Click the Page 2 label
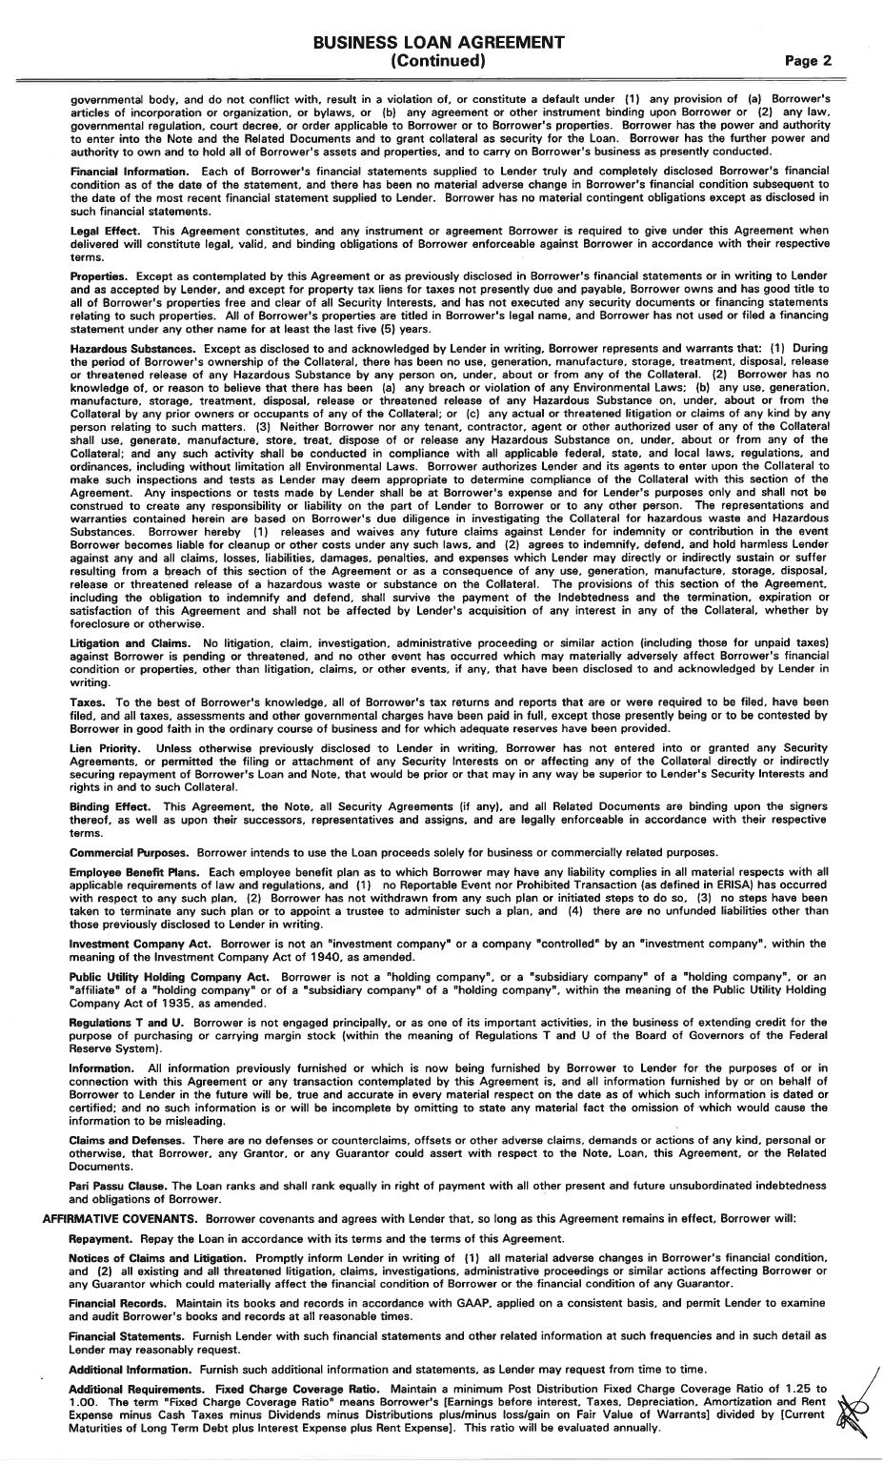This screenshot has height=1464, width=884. click(x=808, y=60)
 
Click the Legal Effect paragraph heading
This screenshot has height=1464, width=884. click(x=105, y=231)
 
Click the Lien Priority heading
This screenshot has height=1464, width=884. click(x=105, y=748)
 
